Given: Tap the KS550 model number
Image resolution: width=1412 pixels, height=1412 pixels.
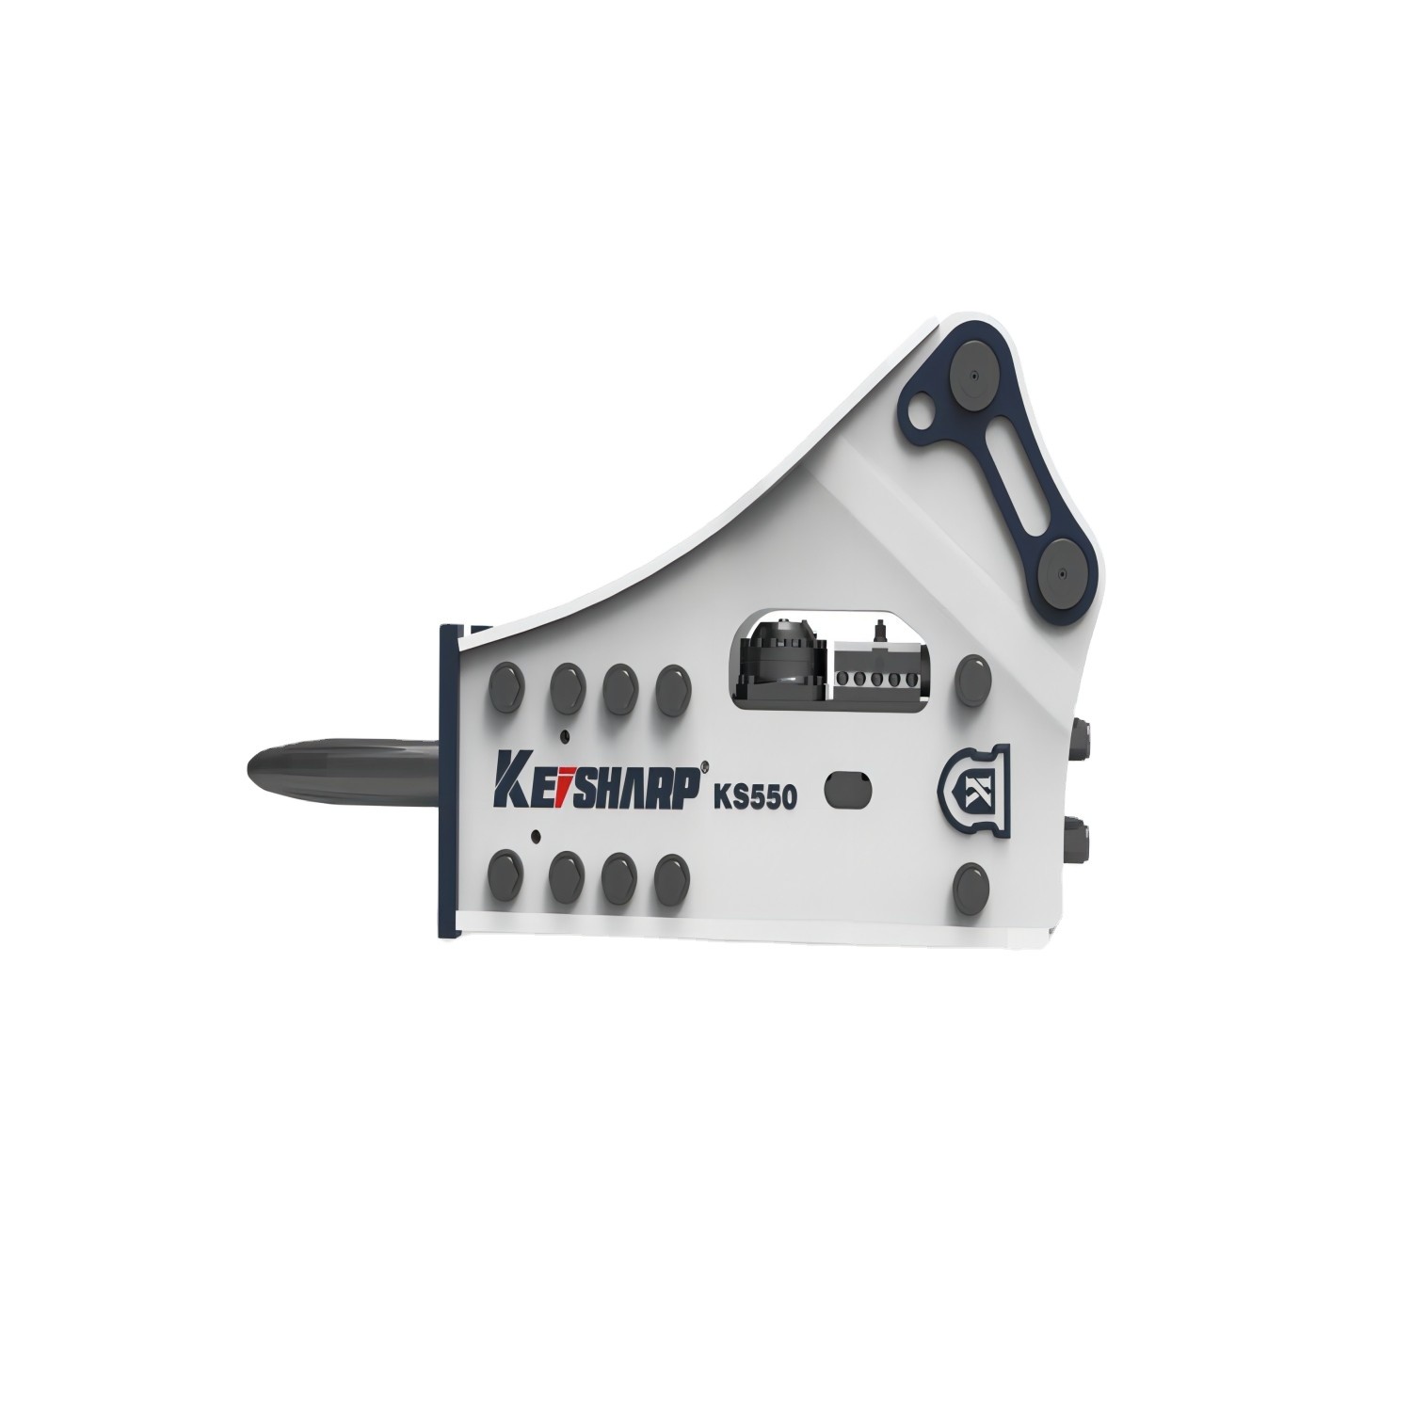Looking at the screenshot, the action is pos(756,796).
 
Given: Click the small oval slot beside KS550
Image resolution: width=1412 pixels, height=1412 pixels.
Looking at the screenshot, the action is pos(847,789).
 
